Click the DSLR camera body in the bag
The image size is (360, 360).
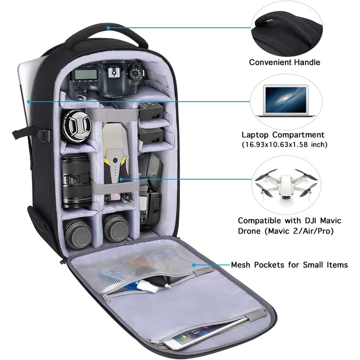click(107, 79)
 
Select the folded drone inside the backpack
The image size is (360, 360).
click(116, 160)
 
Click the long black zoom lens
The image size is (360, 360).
click(76, 182)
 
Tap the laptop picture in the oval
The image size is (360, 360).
click(286, 101)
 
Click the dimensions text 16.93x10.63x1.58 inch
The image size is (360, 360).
click(285, 145)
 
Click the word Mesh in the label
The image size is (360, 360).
click(240, 265)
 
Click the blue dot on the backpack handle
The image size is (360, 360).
click(108, 28)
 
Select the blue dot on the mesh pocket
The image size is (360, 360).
click(194, 265)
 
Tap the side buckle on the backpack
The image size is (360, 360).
click(45, 135)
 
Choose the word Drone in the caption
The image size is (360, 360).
click(249, 231)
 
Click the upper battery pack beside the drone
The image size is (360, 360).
click(150, 111)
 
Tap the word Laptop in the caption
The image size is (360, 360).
click(255, 135)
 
